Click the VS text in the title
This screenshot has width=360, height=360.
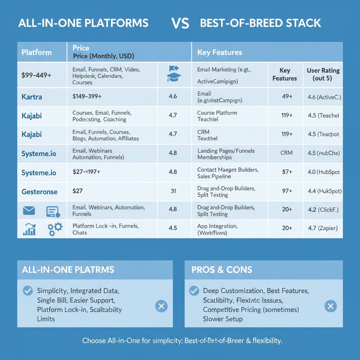[180, 24]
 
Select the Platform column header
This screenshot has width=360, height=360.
[37, 52]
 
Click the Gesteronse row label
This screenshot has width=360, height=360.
[39, 192]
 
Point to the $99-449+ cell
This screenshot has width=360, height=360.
[36, 75]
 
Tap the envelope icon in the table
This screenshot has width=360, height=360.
[29, 211]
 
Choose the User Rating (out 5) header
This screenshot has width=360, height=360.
[323, 74]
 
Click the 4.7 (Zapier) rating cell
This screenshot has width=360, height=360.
[322, 228]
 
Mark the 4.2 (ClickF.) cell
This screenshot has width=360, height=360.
[323, 210]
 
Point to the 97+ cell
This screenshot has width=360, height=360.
[287, 191]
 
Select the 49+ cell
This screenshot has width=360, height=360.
[287, 96]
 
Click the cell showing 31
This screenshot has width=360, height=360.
[173, 191]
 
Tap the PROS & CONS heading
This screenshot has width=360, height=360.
[222, 270]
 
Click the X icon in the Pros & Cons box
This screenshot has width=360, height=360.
[330, 306]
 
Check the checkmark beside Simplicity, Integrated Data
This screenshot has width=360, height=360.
[27, 291]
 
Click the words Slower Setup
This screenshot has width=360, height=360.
[223, 319]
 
